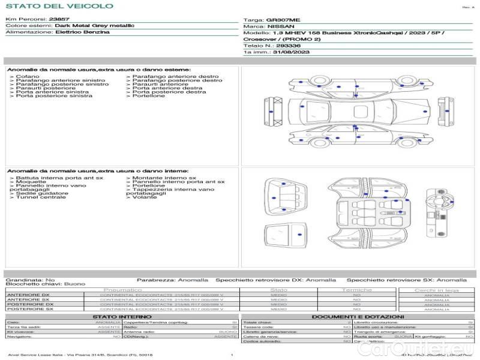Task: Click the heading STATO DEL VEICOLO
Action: coord(59,7)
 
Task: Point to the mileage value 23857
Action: coord(59,20)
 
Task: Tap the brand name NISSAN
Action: coord(280,27)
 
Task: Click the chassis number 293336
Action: coord(289,46)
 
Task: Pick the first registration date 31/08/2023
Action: coord(290,53)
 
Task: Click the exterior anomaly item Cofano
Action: coord(28,77)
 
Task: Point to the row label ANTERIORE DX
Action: coord(28,295)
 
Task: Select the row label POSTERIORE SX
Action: coord(29,309)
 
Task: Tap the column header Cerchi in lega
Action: coord(437,290)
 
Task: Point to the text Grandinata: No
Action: coord(30,280)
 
